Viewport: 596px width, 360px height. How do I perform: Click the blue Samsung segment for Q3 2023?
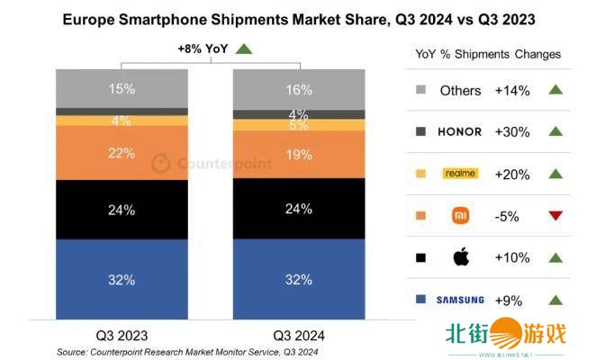[121, 278]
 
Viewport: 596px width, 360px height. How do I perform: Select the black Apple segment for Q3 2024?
[299, 210]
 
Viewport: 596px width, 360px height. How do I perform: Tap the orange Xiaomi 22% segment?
[121, 153]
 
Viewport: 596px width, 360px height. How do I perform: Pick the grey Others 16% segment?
[299, 90]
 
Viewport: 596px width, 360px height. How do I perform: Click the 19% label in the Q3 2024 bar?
[299, 154]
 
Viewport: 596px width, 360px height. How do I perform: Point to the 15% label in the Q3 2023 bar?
[121, 88]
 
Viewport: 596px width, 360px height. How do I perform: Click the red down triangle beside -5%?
[555, 216]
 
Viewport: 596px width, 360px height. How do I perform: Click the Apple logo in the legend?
[460, 257]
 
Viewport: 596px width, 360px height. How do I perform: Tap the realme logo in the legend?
[460, 173]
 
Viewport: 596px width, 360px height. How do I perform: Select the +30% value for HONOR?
[513, 131]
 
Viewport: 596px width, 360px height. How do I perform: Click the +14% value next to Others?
[513, 90]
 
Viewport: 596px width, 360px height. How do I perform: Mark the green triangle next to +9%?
[555, 300]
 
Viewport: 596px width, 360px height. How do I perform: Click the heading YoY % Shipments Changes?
[487, 54]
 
